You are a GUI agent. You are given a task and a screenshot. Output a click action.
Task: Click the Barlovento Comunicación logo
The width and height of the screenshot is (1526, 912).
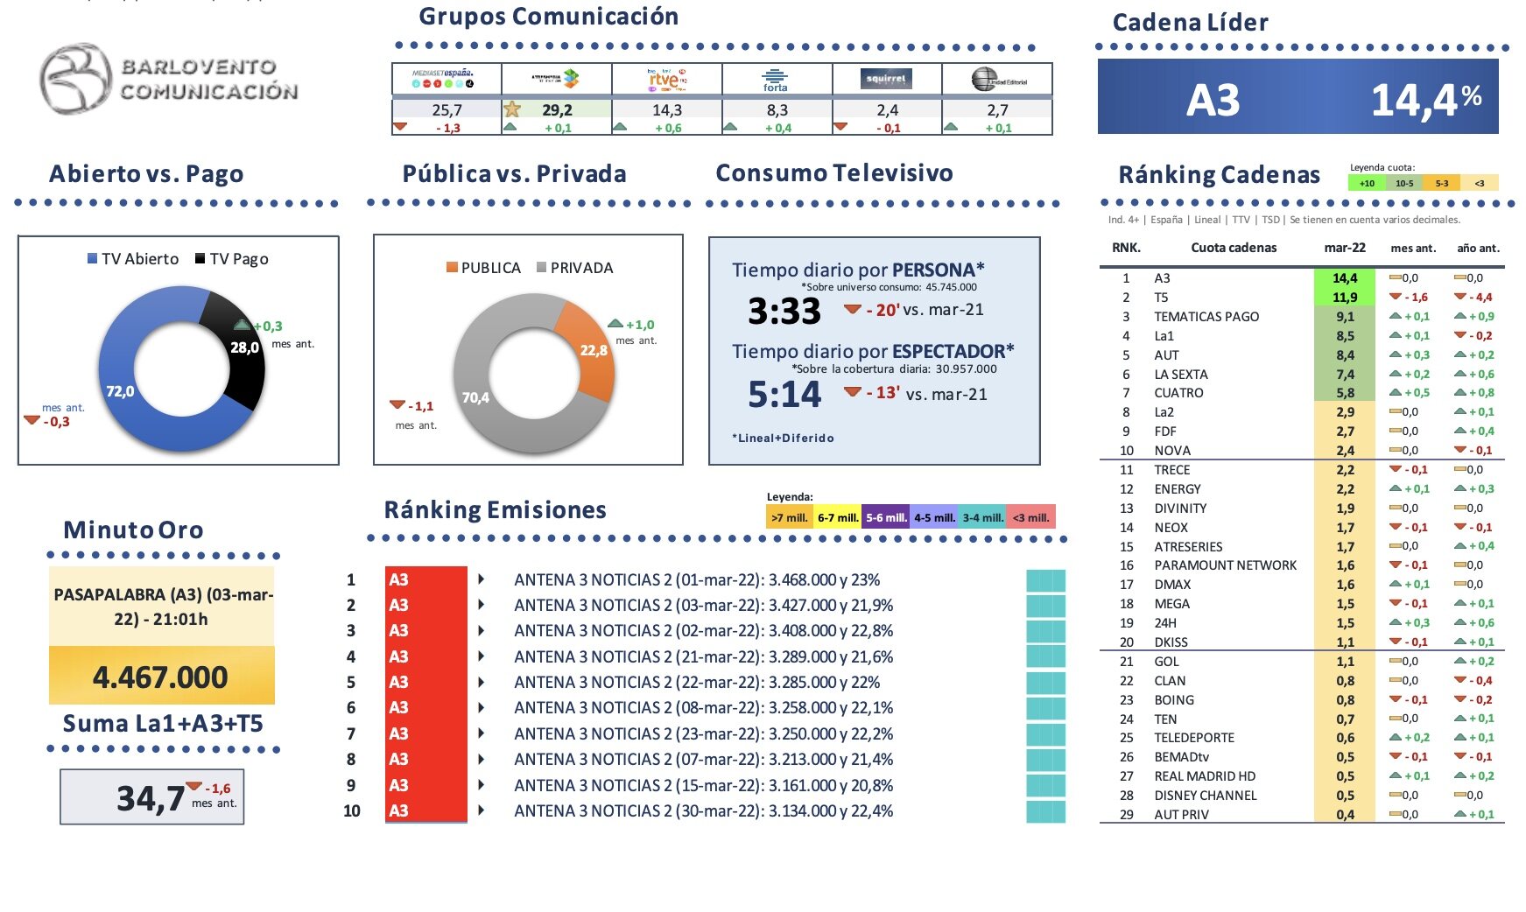[x=168, y=79]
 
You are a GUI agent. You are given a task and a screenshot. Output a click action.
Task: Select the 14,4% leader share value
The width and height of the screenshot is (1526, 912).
[x=1424, y=100]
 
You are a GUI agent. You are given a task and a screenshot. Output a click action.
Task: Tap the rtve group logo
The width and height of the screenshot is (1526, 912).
[x=666, y=80]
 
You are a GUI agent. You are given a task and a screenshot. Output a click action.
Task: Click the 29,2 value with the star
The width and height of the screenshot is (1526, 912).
[x=556, y=110]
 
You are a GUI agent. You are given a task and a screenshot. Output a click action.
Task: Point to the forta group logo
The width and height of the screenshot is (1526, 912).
[x=776, y=81]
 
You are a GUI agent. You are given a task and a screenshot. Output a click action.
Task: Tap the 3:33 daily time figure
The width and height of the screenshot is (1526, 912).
[x=784, y=312]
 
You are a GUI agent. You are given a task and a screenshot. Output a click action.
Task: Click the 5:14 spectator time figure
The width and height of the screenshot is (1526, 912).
[x=784, y=395]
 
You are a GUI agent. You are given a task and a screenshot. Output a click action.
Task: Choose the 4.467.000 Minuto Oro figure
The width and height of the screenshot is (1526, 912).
[x=160, y=677]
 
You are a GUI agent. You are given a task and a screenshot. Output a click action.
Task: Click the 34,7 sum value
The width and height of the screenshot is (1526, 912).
[x=151, y=798]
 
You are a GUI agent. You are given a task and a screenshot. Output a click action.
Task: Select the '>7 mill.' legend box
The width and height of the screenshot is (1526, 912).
[x=790, y=517]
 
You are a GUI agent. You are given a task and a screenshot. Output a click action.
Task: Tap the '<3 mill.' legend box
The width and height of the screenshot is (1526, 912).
[x=1030, y=517]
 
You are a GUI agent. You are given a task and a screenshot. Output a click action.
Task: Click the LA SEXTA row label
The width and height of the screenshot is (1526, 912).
[x=1180, y=375]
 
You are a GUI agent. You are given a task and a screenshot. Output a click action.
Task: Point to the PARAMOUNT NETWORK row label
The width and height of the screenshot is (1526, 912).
[x=1225, y=565]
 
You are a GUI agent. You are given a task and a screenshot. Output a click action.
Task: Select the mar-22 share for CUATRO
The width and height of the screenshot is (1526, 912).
[x=1345, y=393]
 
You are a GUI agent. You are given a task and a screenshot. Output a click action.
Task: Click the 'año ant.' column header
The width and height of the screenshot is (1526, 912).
[x=1478, y=248]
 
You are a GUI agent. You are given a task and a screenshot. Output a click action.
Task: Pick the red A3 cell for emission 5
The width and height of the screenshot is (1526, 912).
[x=425, y=682]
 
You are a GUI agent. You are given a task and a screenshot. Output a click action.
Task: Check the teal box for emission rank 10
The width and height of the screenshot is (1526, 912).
[x=1045, y=811]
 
